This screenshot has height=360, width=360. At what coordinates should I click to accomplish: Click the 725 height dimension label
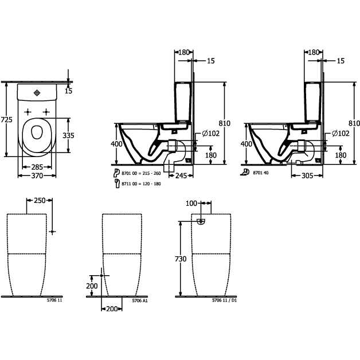click(x=7, y=120)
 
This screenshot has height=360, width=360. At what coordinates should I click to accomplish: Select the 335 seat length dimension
click(x=68, y=135)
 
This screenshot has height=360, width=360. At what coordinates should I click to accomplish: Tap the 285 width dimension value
click(x=37, y=167)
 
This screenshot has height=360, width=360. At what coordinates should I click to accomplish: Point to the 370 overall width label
click(x=37, y=175)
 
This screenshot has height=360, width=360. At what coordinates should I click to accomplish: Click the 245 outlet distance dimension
click(x=181, y=175)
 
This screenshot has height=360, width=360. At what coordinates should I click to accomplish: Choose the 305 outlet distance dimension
click(x=307, y=175)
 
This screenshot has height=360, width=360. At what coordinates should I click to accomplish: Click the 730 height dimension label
click(x=181, y=259)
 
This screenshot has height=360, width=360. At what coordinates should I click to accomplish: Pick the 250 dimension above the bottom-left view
click(x=40, y=201)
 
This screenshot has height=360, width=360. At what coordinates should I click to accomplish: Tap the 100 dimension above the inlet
click(x=191, y=203)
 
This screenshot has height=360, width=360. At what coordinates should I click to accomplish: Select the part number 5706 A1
click(x=140, y=300)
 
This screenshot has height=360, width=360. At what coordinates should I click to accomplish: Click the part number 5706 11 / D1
click(x=224, y=300)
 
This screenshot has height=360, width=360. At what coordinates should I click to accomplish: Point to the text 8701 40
click(x=261, y=173)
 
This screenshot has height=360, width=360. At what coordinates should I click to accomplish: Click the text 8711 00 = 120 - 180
click(x=141, y=183)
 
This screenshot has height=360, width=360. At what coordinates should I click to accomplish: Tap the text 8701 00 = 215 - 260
click(x=141, y=173)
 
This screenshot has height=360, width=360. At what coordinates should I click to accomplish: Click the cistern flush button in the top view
click(x=37, y=93)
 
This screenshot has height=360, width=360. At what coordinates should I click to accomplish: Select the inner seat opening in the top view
click(x=37, y=132)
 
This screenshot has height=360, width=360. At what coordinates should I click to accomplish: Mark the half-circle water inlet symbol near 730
click(x=201, y=221)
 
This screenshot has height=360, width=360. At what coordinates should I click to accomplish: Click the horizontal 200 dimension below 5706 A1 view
click(x=112, y=309)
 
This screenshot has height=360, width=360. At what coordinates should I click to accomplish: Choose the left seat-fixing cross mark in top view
click(x=28, y=112)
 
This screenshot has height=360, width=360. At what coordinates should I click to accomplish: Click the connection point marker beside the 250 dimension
click(x=52, y=232)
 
